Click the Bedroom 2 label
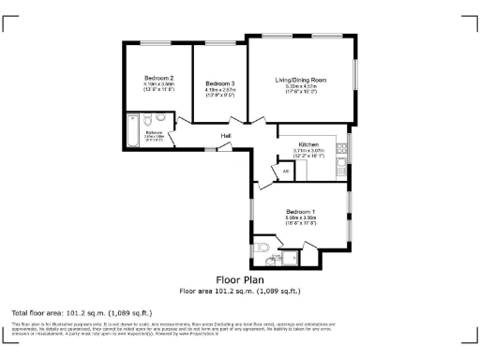tap(158, 77)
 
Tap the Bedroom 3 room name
tap(219, 84)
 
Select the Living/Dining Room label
tap(301, 80)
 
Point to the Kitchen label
tap(308, 145)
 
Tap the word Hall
tap(226, 136)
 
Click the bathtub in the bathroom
tap(132, 134)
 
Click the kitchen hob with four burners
tap(343, 145)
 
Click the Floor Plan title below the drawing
tap(240, 279)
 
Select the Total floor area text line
tap(82, 311)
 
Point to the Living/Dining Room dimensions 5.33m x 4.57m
tap(301, 86)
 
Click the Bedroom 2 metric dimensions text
tap(158, 83)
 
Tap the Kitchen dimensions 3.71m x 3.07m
tap(308, 151)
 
